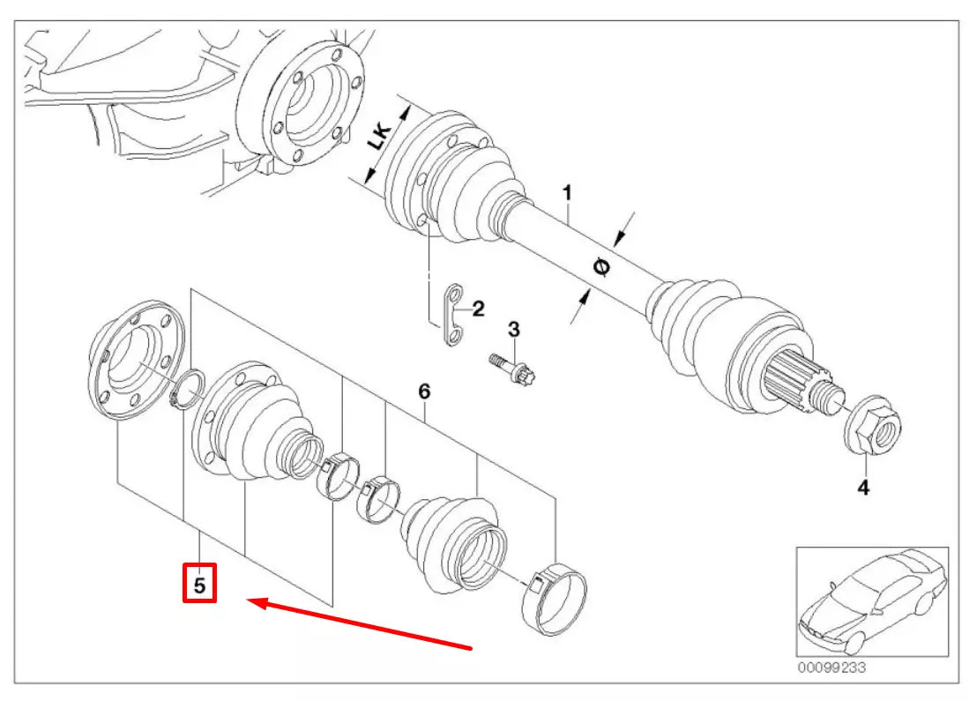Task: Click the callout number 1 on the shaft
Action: pos(568,192)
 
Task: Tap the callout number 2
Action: pos(478,309)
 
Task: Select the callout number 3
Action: pos(514,330)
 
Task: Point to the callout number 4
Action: pos(863,486)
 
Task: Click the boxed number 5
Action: pos(200,585)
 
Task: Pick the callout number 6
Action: pos(423,391)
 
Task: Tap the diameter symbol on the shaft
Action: pos(602,268)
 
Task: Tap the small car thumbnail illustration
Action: pos(871,600)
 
